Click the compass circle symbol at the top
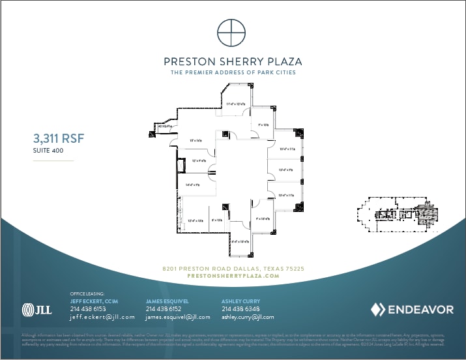(x=232, y=33)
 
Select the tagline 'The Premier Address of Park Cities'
(x=233, y=72)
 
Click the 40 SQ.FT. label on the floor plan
(x=154, y=127)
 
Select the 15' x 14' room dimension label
(x=194, y=140)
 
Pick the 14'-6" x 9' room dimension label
(x=192, y=185)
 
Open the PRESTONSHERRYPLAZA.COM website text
(x=233, y=276)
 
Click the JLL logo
(x=36, y=309)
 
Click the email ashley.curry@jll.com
(x=248, y=317)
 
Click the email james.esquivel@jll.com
(x=177, y=317)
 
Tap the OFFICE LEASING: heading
(x=87, y=294)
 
